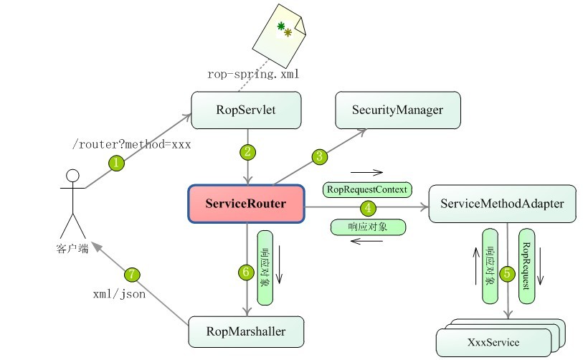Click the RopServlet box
click(x=246, y=110)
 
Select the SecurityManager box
click(x=398, y=110)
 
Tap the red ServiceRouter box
click(x=246, y=204)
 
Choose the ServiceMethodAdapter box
click(x=502, y=204)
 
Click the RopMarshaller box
click(x=246, y=331)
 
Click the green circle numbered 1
click(x=116, y=164)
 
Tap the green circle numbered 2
click(x=248, y=151)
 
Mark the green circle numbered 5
click(x=508, y=274)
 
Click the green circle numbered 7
click(x=131, y=274)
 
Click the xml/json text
click(x=119, y=293)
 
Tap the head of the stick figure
click(x=72, y=175)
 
